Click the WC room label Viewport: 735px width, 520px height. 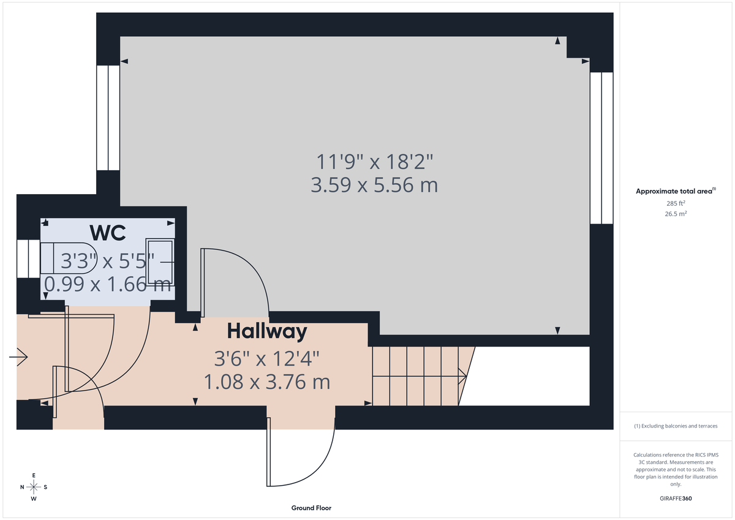[x=108, y=233]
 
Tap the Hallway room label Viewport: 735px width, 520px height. [x=266, y=331]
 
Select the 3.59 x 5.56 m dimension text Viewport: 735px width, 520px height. [x=374, y=184]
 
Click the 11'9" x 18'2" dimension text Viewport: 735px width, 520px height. [x=374, y=162]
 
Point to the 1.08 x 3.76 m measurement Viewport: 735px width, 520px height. [x=266, y=382]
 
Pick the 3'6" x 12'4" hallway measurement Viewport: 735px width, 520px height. [x=266, y=358]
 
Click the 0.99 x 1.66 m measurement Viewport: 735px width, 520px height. [x=108, y=284]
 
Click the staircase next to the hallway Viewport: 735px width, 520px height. [x=417, y=375]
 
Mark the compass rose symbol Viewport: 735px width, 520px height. [x=34, y=487]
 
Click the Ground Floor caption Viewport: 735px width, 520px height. [x=312, y=508]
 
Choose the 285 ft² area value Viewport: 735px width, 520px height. [x=676, y=203]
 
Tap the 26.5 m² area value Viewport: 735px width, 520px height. [x=676, y=214]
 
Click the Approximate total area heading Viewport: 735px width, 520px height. [x=675, y=191]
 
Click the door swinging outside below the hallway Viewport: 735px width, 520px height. [x=300, y=453]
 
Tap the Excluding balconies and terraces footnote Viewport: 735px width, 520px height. [x=675, y=426]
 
